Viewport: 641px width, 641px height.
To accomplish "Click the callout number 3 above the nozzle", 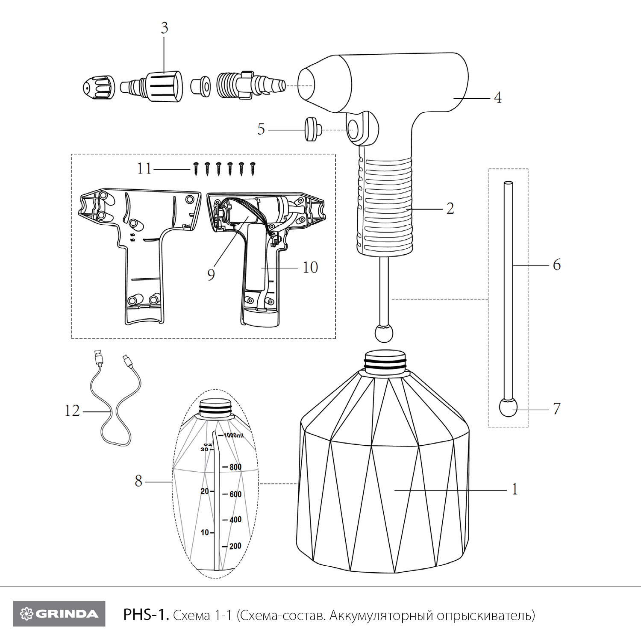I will point(165,28).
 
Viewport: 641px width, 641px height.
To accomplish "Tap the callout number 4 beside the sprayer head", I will point(497,98).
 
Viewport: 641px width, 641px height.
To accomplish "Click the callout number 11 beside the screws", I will point(144,169).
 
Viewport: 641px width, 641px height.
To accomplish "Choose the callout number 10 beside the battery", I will point(310,268).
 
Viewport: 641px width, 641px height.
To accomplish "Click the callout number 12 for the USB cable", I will point(72,411).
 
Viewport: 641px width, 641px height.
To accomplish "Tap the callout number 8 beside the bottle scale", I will point(138,481).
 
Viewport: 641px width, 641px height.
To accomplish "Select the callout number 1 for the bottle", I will point(515,489).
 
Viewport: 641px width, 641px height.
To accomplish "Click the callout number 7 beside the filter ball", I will point(556,409).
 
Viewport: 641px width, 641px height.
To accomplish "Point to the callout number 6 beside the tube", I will point(556,265).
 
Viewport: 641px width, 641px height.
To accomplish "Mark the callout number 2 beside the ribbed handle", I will point(450,209).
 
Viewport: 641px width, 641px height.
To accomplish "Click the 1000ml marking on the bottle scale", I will point(233,435).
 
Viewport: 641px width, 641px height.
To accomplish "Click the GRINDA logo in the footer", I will point(59,614).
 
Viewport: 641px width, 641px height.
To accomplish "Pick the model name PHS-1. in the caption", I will point(146,615).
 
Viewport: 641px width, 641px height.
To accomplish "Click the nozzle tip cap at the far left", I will point(98,87).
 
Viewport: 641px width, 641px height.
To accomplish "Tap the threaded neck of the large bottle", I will point(384,361).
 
